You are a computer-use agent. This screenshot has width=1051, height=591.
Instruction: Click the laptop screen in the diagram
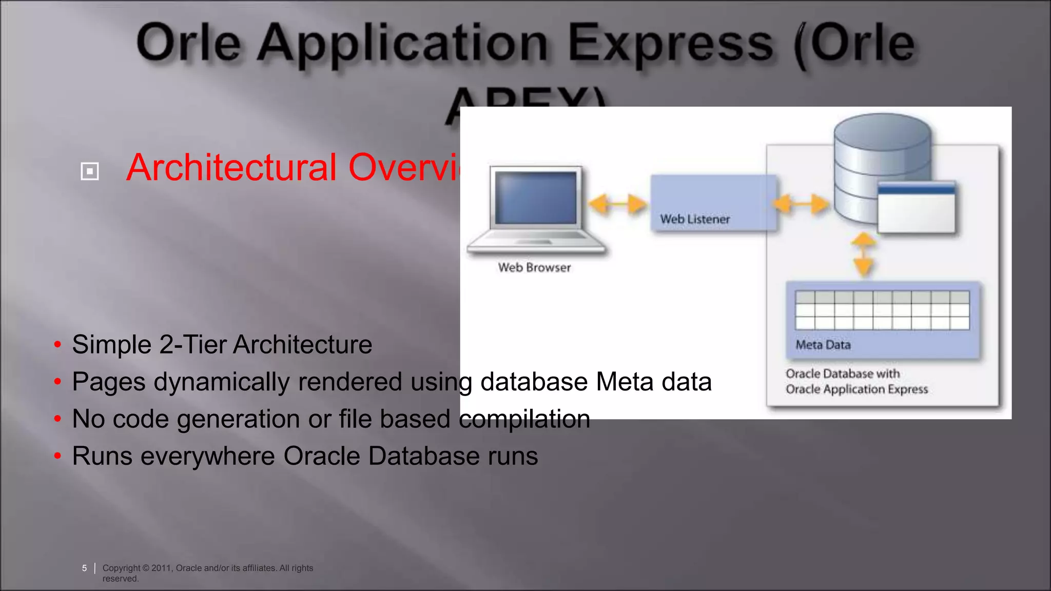(535, 198)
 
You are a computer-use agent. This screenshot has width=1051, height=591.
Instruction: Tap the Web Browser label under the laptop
(534, 268)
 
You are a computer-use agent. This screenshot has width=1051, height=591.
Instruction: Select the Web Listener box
(713, 203)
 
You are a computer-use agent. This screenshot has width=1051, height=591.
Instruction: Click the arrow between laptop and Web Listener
(616, 204)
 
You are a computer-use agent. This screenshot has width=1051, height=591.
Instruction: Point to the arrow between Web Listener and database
(801, 204)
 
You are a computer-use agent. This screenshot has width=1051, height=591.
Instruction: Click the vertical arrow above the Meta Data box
(864, 254)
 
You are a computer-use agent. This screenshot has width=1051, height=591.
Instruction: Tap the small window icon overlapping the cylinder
(916, 207)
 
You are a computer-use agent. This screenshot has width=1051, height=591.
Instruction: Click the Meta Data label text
(823, 345)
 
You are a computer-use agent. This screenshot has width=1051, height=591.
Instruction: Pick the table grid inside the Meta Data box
(882, 310)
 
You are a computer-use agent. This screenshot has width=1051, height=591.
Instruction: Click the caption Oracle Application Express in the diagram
(857, 389)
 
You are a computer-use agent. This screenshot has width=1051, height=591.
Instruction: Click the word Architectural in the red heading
(231, 167)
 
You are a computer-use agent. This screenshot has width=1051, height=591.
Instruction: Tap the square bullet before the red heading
(90, 171)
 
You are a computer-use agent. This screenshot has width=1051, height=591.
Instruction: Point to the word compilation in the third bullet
(524, 419)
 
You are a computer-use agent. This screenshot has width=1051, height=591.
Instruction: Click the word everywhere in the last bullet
(208, 456)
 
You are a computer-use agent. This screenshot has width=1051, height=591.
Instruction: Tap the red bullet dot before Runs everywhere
(57, 456)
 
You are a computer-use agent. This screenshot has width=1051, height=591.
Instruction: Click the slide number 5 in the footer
(84, 568)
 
